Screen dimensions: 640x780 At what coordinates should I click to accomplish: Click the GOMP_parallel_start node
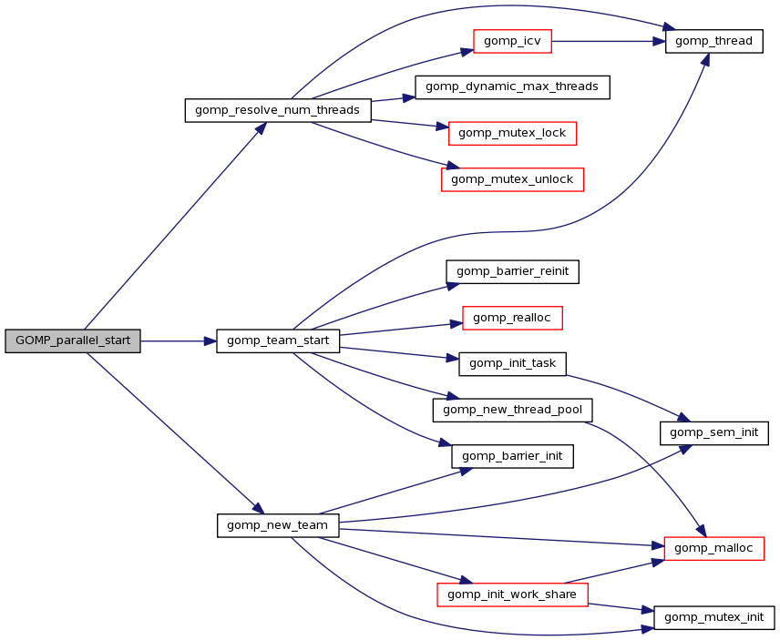[73, 340]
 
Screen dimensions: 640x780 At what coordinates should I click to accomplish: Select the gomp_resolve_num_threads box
[278, 110]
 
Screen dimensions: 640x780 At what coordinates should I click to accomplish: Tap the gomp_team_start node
[278, 340]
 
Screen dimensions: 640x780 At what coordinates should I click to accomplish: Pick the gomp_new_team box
[278, 525]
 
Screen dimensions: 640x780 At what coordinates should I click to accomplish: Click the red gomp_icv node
[513, 41]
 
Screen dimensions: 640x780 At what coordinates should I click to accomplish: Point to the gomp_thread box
[713, 41]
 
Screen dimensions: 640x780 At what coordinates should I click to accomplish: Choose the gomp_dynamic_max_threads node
[512, 86]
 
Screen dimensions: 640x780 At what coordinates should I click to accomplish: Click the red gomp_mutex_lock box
[512, 133]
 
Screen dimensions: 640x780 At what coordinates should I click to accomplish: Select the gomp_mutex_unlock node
[512, 179]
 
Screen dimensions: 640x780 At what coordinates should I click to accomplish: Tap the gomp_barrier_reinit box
[512, 271]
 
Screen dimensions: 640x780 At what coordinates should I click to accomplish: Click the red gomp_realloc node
[512, 318]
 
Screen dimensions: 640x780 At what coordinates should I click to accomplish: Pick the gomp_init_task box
[512, 363]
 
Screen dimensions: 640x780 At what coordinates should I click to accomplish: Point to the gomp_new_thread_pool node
[512, 410]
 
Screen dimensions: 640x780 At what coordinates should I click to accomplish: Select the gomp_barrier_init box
[512, 456]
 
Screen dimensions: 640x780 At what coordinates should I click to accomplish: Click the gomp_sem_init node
[713, 432]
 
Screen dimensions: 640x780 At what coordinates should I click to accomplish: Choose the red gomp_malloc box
[713, 548]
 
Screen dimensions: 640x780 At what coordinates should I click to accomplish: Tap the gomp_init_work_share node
[512, 594]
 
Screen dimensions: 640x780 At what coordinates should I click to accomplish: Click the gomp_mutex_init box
[713, 617]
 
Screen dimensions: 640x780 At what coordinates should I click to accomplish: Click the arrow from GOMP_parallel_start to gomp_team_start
[179, 340]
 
